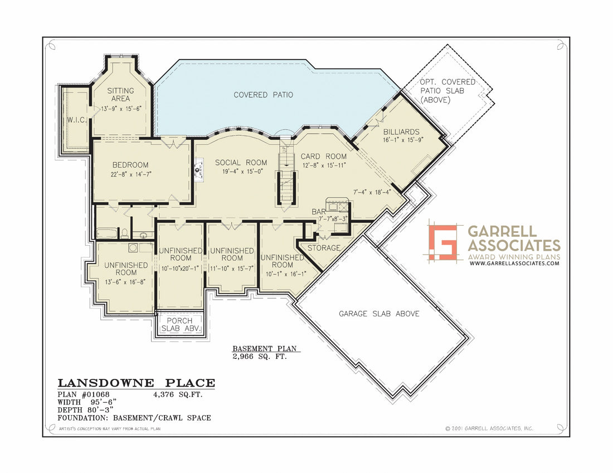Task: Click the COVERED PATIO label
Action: pyautogui.click(x=263, y=95)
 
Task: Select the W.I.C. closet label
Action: pyautogui.click(x=76, y=120)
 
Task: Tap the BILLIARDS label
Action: pyautogui.click(x=401, y=132)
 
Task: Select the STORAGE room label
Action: pyautogui.click(x=324, y=247)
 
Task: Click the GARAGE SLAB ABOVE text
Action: pyautogui.click(x=379, y=314)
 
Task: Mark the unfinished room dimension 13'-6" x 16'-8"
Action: pyautogui.click(x=126, y=282)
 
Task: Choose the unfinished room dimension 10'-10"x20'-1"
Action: pyautogui.click(x=180, y=269)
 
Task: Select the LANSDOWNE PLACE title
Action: pyautogui.click(x=136, y=383)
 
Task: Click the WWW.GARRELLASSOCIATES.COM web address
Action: pyautogui.click(x=514, y=263)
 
